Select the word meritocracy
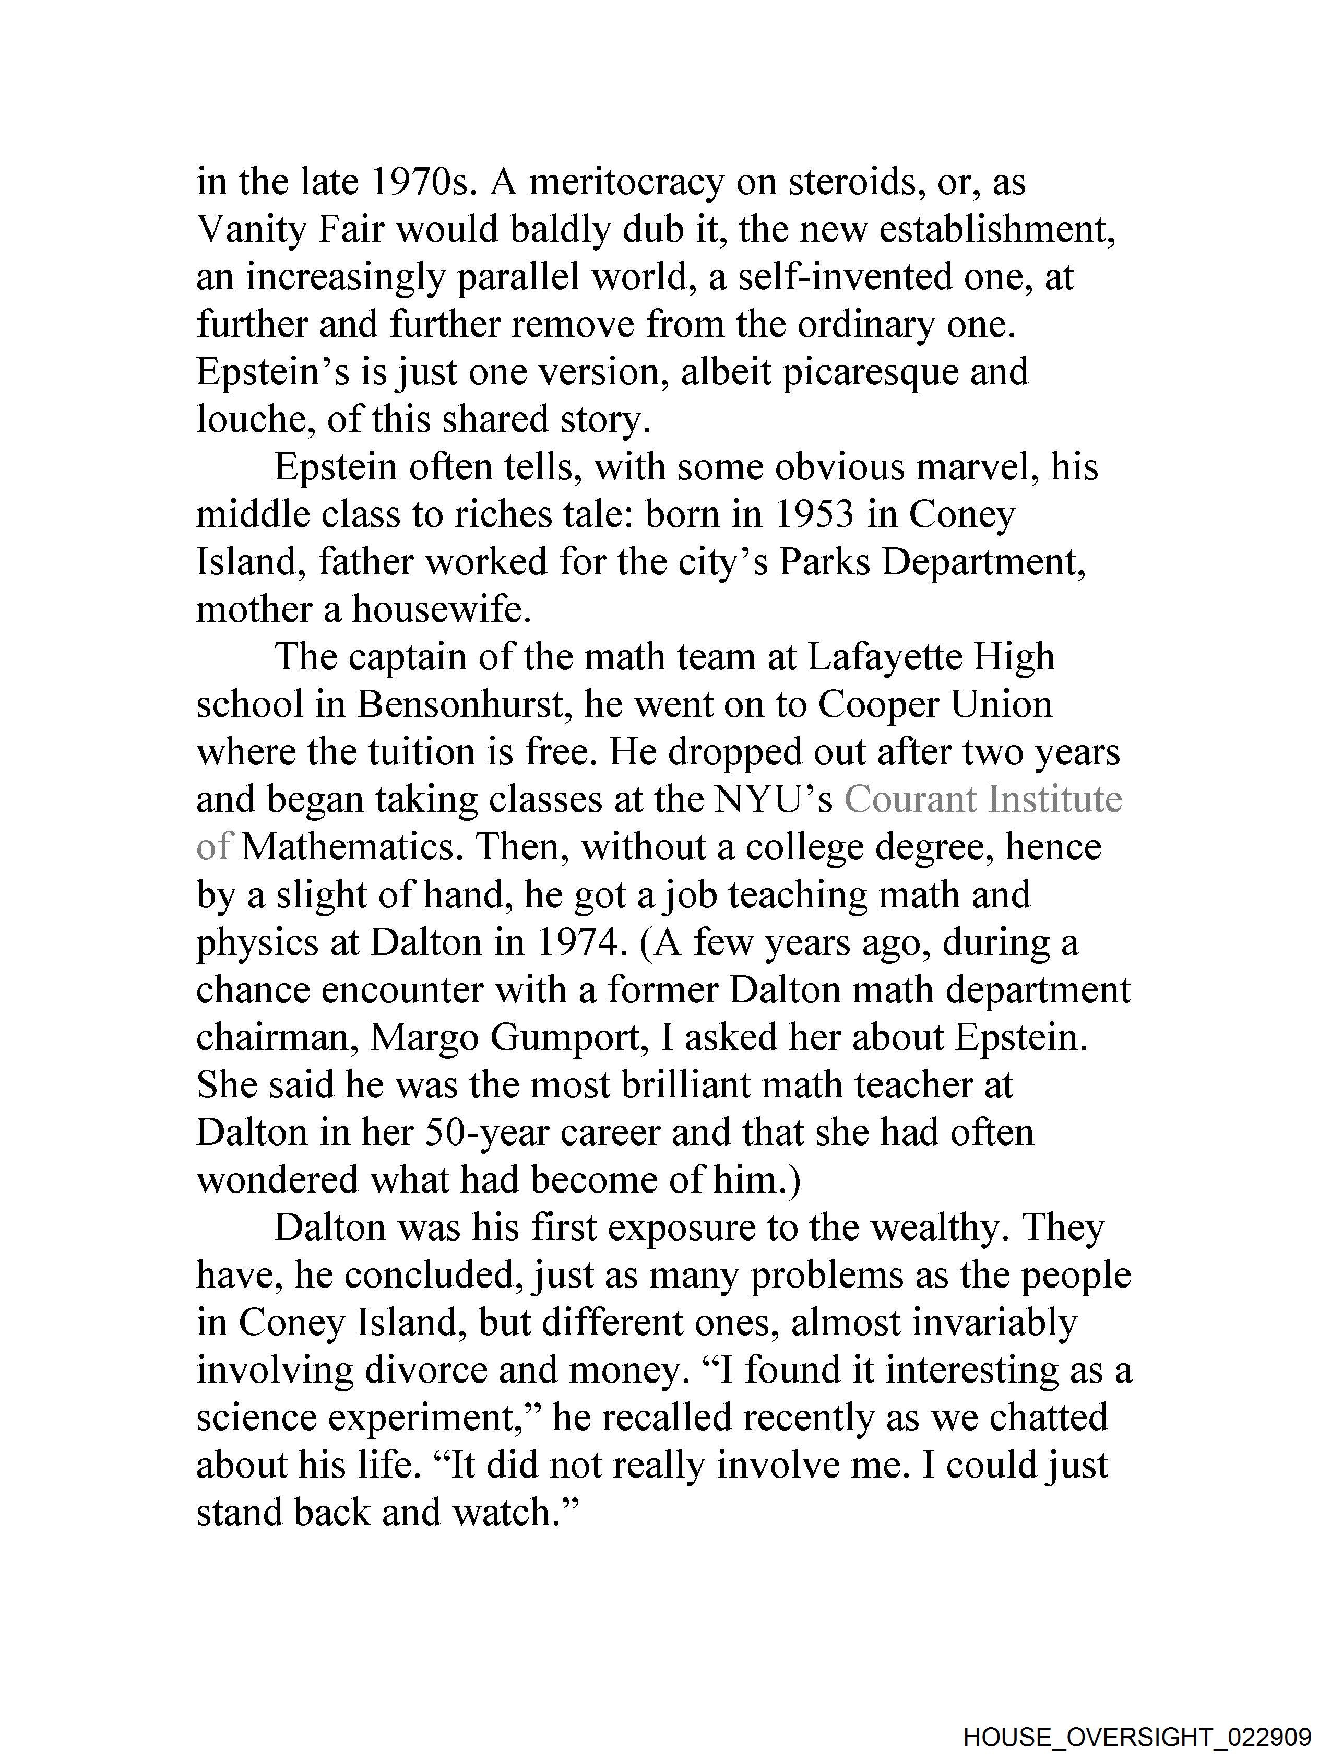tap(626, 182)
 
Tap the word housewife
tap(441, 610)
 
